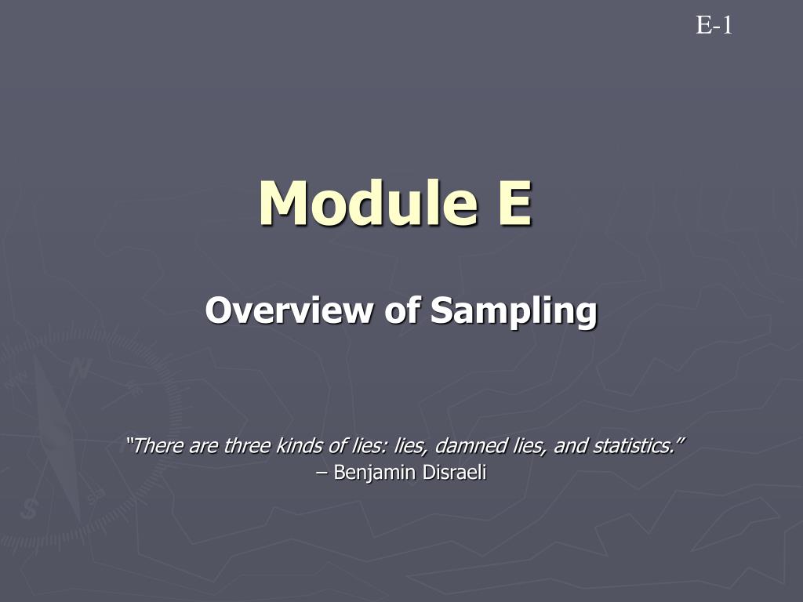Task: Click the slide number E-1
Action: (714, 25)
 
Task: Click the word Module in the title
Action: (369, 203)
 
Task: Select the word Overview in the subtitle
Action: (289, 310)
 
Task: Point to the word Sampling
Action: (514, 312)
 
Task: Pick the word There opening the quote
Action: (158, 446)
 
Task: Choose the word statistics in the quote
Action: (634, 446)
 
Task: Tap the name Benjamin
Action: (374, 473)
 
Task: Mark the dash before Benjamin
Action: (322, 473)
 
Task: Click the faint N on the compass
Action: (81, 368)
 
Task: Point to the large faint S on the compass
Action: (30, 508)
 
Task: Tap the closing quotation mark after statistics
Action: (680, 441)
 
